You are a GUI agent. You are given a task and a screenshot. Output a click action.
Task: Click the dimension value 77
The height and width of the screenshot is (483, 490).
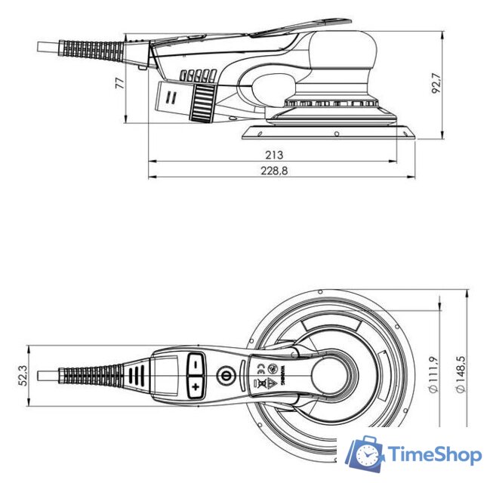click(119, 83)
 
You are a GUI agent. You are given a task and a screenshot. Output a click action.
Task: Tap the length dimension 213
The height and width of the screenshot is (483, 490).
click(273, 155)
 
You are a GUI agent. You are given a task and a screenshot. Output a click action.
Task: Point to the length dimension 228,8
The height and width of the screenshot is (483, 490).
click(273, 171)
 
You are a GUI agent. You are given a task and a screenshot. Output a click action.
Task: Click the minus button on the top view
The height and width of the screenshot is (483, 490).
click(196, 363)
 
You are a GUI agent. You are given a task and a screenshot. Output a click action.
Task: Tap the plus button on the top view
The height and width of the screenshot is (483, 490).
click(196, 387)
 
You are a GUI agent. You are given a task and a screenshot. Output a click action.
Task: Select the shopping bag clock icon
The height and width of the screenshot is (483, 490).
click(366, 454)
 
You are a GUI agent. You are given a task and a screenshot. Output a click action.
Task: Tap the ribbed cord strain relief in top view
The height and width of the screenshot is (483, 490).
click(92, 375)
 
